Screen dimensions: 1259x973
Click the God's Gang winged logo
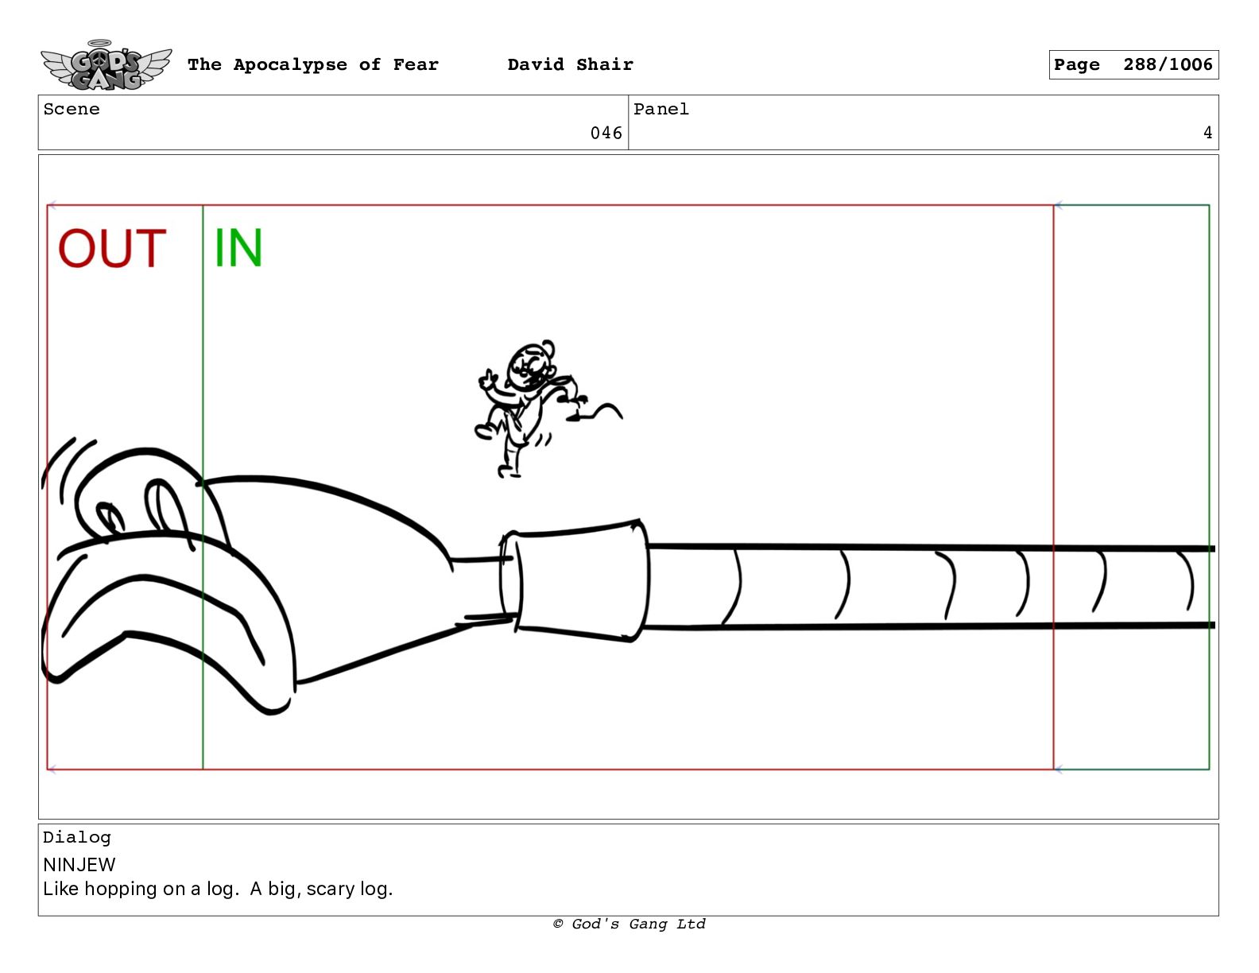(107, 65)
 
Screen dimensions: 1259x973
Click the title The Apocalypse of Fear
(313, 64)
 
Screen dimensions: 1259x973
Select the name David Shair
(570, 64)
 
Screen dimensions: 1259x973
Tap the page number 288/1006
(1168, 64)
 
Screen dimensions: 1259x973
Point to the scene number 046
(606, 134)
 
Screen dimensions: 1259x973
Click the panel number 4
(1207, 133)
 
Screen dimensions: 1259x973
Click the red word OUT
(112, 248)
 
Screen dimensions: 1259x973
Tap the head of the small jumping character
(530, 365)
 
